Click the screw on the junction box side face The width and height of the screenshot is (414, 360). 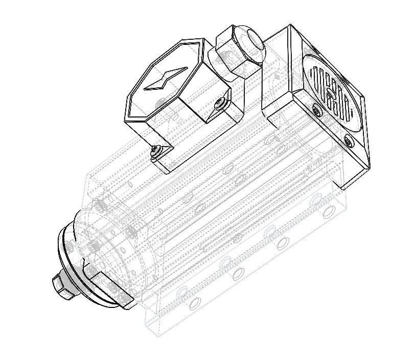(220, 104)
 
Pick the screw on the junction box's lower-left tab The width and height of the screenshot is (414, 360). (155, 150)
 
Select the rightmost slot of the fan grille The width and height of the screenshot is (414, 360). (351, 110)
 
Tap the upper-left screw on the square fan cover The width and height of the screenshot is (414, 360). (317, 110)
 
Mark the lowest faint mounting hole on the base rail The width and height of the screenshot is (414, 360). (194, 305)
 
